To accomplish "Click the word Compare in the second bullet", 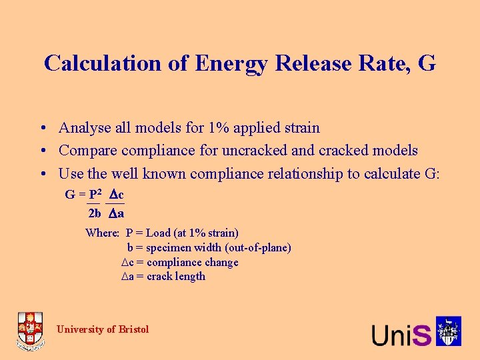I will [x=88, y=150].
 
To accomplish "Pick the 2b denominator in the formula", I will [x=95, y=213].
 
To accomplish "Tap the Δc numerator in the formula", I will [x=117, y=195].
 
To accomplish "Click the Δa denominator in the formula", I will [x=117, y=213].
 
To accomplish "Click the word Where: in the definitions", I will [x=102, y=233].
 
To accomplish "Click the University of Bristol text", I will [x=103, y=329].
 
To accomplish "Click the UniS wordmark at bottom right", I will [x=401, y=334].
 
